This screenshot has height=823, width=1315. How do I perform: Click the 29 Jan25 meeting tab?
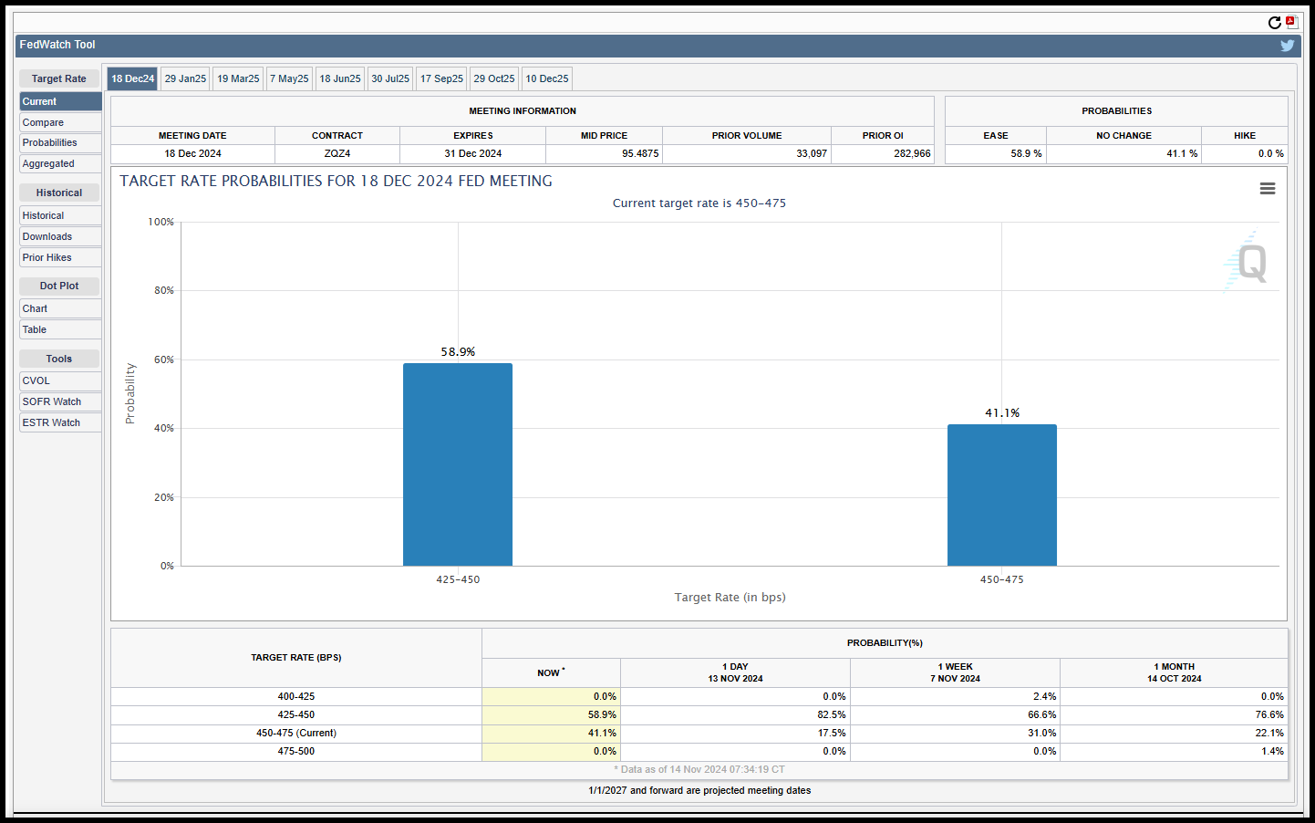(x=185, y=78)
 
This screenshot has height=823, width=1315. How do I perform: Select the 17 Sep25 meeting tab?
(x=441, y=78)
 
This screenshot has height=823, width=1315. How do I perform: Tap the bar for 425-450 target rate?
(x=457, y=464)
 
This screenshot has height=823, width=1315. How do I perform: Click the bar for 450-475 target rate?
(x=1001, y=495)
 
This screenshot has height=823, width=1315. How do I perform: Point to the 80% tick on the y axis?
(x=164, y=290)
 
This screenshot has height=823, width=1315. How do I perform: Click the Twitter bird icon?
(x=1287, y=46)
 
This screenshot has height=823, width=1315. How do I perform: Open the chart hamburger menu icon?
(x=1267, y=189)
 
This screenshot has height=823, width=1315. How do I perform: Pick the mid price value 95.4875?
(x=640, y=154)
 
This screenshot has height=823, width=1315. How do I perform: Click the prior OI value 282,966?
(x=912, y=154)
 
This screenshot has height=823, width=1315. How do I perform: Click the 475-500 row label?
(x=295, y=751)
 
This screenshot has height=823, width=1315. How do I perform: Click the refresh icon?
(x=1274, y=23)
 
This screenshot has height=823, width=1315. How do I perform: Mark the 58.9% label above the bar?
(x=458, y=352)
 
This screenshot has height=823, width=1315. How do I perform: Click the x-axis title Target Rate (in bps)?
(x=730, y=598)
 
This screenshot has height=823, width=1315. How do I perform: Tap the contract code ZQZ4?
(x=337, y=154)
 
